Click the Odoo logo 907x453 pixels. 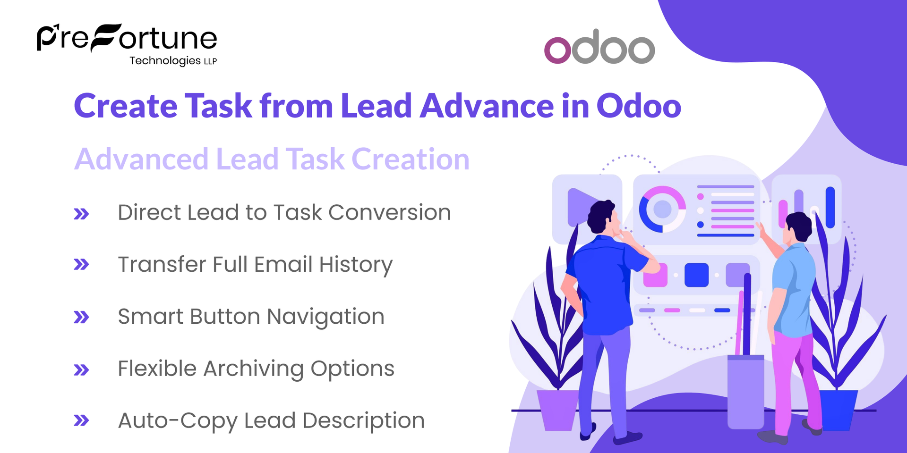tap(599, 47)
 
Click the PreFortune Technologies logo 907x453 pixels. tap(127, 44)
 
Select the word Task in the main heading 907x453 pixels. tap(219, 106)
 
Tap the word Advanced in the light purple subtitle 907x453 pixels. tap(141, 159)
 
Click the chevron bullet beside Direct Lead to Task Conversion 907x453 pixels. tap(81, 214)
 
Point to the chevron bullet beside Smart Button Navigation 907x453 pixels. tap(81, 317)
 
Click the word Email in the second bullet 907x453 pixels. tap(283, 264)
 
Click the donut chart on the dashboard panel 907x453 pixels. tap(662, 209)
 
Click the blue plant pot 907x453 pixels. tap(838, 409)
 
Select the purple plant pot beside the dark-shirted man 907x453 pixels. tap(558, 409)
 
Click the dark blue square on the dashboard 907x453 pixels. tap(696, 275)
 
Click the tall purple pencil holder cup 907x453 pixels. tap(745, 392)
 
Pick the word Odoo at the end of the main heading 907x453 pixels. tap(639, 106)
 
